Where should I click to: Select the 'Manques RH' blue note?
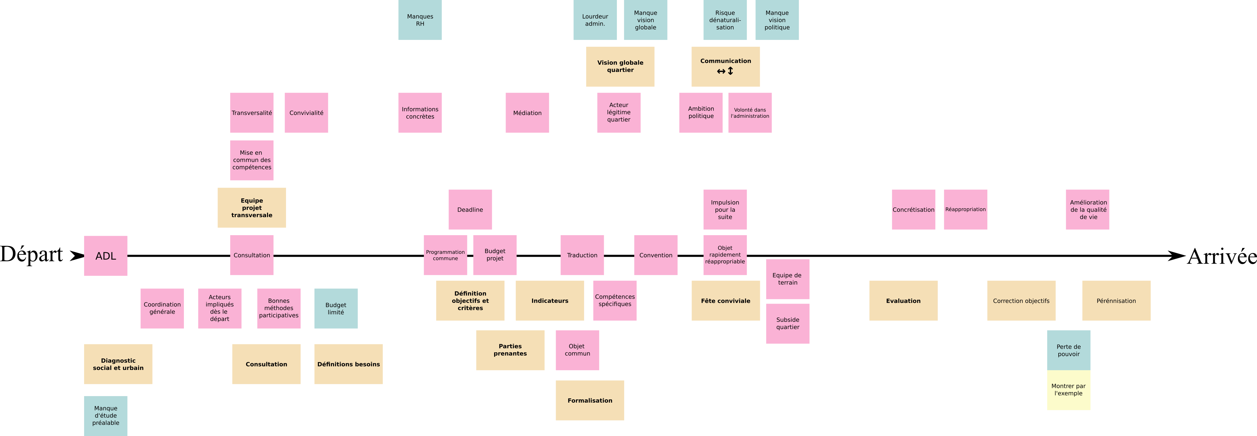(420, 20)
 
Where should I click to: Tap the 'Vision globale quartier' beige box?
(620, 66)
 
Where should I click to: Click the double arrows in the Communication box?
(725, 71)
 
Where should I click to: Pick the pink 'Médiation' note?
(527, 113)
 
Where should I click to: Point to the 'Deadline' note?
(470, 210)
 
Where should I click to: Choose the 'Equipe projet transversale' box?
(251, 208)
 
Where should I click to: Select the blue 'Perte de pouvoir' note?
(1068, 350)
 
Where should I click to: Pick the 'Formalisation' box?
(589, 400)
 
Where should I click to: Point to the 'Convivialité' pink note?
(306, 113)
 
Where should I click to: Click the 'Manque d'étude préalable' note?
(105, 415)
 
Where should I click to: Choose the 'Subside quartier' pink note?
(788, 324)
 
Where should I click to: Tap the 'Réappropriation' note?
(965, 210)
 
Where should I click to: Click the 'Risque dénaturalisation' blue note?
(725, 20)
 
